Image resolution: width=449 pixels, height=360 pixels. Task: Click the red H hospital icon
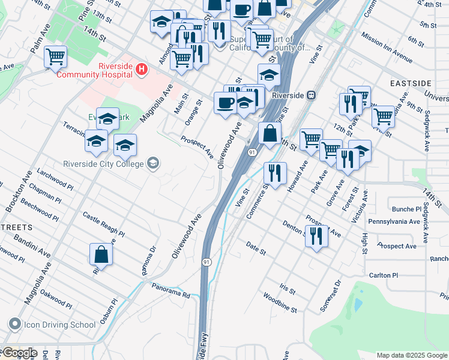(x=141, y=70)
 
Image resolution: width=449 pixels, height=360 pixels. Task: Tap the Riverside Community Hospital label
(x=95, y=70)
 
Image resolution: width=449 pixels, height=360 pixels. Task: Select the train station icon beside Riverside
(x=311, y=95)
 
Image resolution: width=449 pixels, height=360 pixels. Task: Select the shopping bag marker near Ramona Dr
(x=101, y=254)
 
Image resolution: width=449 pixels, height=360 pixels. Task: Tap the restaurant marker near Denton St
(x=316, y=236)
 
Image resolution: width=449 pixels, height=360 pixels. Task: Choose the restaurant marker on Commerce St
(x=274, y=173)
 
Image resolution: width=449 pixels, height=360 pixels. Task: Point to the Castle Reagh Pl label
(x=103, y=224)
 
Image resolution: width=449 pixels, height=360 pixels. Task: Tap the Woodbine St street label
(x=280, y=303)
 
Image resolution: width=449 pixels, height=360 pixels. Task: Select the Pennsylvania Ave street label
(x=394, y=221)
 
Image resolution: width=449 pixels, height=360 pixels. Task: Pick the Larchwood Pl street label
(x=55, y=179)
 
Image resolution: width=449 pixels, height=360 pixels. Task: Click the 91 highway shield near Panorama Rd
(x=206, y=262)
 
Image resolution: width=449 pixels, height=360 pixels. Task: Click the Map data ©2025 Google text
(x=412, y=355)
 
